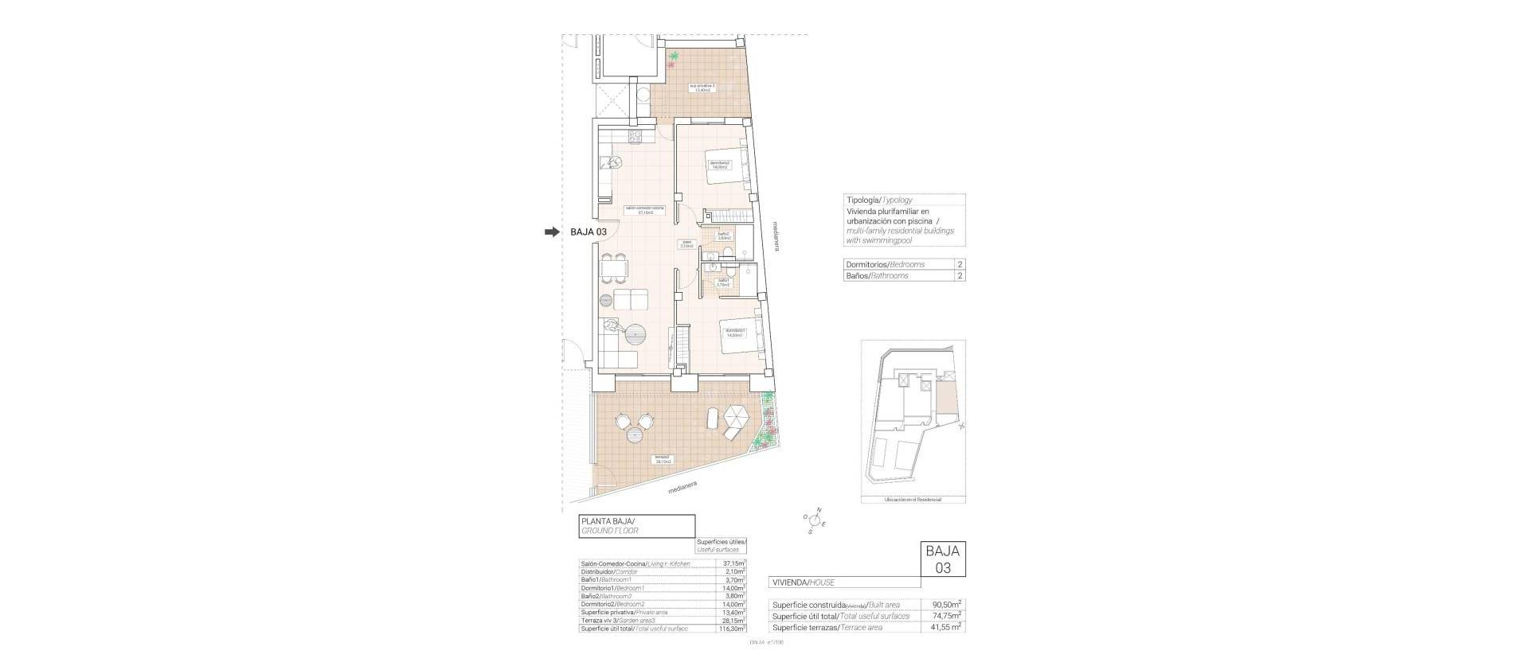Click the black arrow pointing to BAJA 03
pyautogui.click(x=551, y=232)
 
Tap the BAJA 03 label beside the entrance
pyautogui.click(x=589, y=232)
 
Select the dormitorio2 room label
pyautogui.click(x=720, y=166)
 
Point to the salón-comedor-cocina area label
pyautogui.click(x=644, y=211)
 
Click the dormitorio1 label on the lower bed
pyautogui.click(x=735, y=333)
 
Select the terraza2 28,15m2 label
pyautogui.click(x=663, y=459)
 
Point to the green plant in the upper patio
pyautogui.click(x=675, y=56)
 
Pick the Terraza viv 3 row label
pyautogui.click(x=620, y=621)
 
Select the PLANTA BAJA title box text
pyautogui.click(x=609, y=526)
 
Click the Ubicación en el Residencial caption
pyautogui.click(x=913, y=500)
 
